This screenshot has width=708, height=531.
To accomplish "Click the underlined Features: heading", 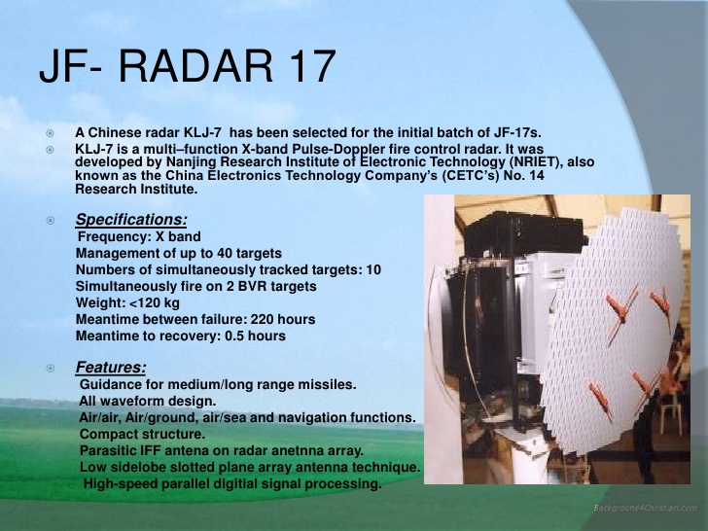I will pyautogui.click(x=111, y=368).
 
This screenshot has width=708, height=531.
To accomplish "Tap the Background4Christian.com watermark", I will pyautogui.click(x=645, y=509).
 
